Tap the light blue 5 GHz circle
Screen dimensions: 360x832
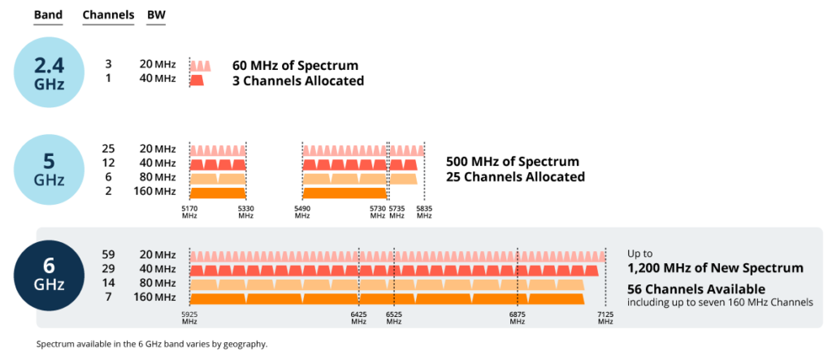[x=49, y=169]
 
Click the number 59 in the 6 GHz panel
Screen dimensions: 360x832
[x=110, y=254]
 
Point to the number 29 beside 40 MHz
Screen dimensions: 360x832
[x=110, y=269]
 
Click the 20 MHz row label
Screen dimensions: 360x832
[x=158, y=254]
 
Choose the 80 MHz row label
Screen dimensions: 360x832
[x=158, y=283]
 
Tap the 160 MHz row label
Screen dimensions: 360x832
[x=154, y=297]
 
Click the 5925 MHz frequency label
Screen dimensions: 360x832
[x=189, y=318]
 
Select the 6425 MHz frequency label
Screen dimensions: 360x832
[x=358, y=318]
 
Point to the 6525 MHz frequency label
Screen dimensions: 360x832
[x=394, y=318]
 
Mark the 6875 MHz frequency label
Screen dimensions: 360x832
[x=518, y=318]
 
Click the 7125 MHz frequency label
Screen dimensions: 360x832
[x=605, y=318]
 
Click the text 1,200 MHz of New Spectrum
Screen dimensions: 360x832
[x=715, y=268]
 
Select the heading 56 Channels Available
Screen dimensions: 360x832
[x=695, y=289]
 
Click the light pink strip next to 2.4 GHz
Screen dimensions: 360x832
[x=200, y=66]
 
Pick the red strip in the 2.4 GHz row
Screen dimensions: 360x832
[x=197, y=81]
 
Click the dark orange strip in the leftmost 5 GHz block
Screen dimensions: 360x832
[x=217, y=193]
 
